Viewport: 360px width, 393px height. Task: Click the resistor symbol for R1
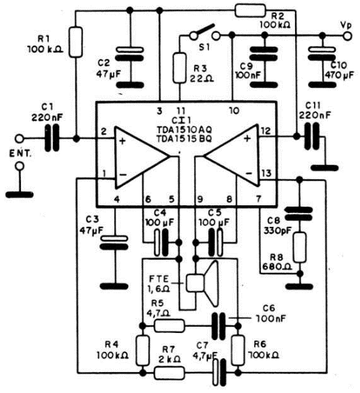[75, 42]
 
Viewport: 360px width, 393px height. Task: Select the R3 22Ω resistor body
[179, 68]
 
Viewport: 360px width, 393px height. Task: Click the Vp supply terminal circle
[347, 36]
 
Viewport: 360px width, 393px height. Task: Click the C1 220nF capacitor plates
[52, 138]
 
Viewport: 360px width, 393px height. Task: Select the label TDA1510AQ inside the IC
[184, 130]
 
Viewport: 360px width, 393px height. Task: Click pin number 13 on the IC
[266, 173]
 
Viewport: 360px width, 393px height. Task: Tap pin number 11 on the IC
[181, 111]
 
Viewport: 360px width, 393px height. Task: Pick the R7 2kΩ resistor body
[170, 373]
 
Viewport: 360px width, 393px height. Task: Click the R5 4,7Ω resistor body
[170, 326]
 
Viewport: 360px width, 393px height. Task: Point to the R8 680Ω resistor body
[300, 247]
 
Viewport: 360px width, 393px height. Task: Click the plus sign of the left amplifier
[122, 141]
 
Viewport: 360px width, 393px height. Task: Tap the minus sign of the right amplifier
[248, 173]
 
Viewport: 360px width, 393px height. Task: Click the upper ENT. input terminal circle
[20, 138]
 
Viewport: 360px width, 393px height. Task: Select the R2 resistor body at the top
[250, 10]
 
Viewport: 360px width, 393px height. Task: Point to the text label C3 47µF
[92, 225]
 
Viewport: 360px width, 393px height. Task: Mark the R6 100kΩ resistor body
[238, 350]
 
